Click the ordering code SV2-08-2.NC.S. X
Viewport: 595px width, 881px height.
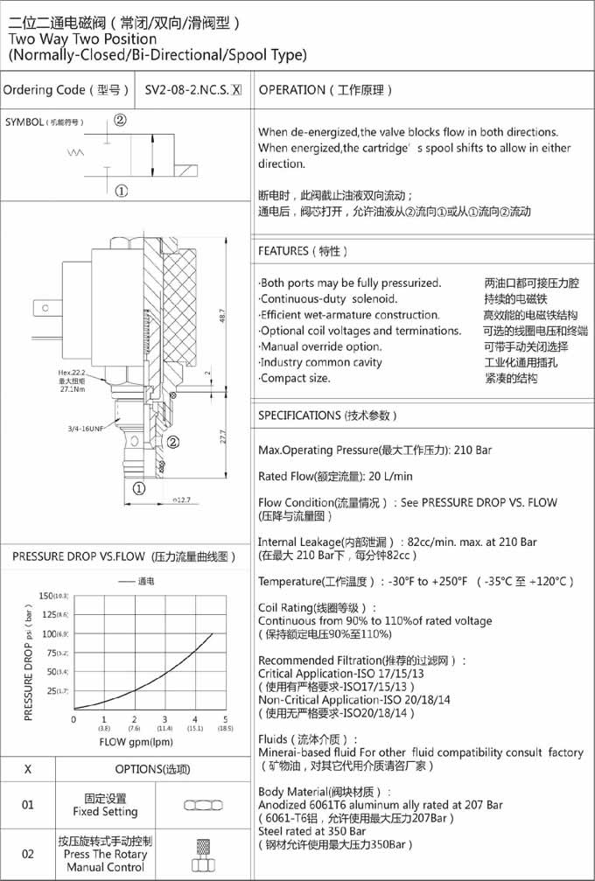[192, 90]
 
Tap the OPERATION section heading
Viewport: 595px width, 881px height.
[326, 90]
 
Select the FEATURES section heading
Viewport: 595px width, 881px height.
[303, 251]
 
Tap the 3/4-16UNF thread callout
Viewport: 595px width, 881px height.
[87, 429]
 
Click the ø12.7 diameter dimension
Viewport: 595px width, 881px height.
[181, 500]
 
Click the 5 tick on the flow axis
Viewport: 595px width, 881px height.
[225, 719]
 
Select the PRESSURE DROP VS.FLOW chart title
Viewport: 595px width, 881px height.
[124, 556]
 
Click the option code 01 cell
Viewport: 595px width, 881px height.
[27, 805]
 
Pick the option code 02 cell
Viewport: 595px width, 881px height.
[27, 854]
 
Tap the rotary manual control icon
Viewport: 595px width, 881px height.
[203, 854]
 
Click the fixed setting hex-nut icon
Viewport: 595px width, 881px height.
[202, 805]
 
